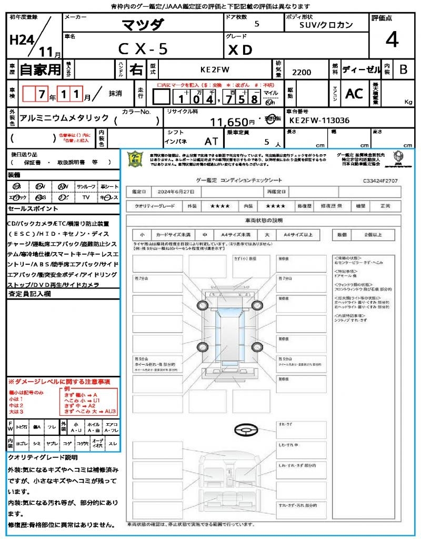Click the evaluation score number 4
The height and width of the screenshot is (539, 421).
(x=391, y=40)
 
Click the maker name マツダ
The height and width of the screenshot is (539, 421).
(x=143, y=25)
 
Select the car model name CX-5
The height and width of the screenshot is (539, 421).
(x=143, y=49)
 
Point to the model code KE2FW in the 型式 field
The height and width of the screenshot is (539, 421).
(x=215, y=69)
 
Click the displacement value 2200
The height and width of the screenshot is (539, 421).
(x=302, y=73)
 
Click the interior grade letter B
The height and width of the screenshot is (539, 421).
(x=403, y=69)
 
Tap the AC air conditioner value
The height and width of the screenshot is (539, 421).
(x=354, y=94)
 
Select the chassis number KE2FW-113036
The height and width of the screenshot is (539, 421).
(x=319, y=120)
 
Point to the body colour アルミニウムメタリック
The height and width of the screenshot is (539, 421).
(x=64, y=118)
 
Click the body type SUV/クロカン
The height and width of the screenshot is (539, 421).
(x=326, y=25)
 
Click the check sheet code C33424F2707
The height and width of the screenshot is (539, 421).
(x=380, y=181)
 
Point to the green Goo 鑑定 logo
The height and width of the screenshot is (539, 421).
(x=135, y=158)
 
